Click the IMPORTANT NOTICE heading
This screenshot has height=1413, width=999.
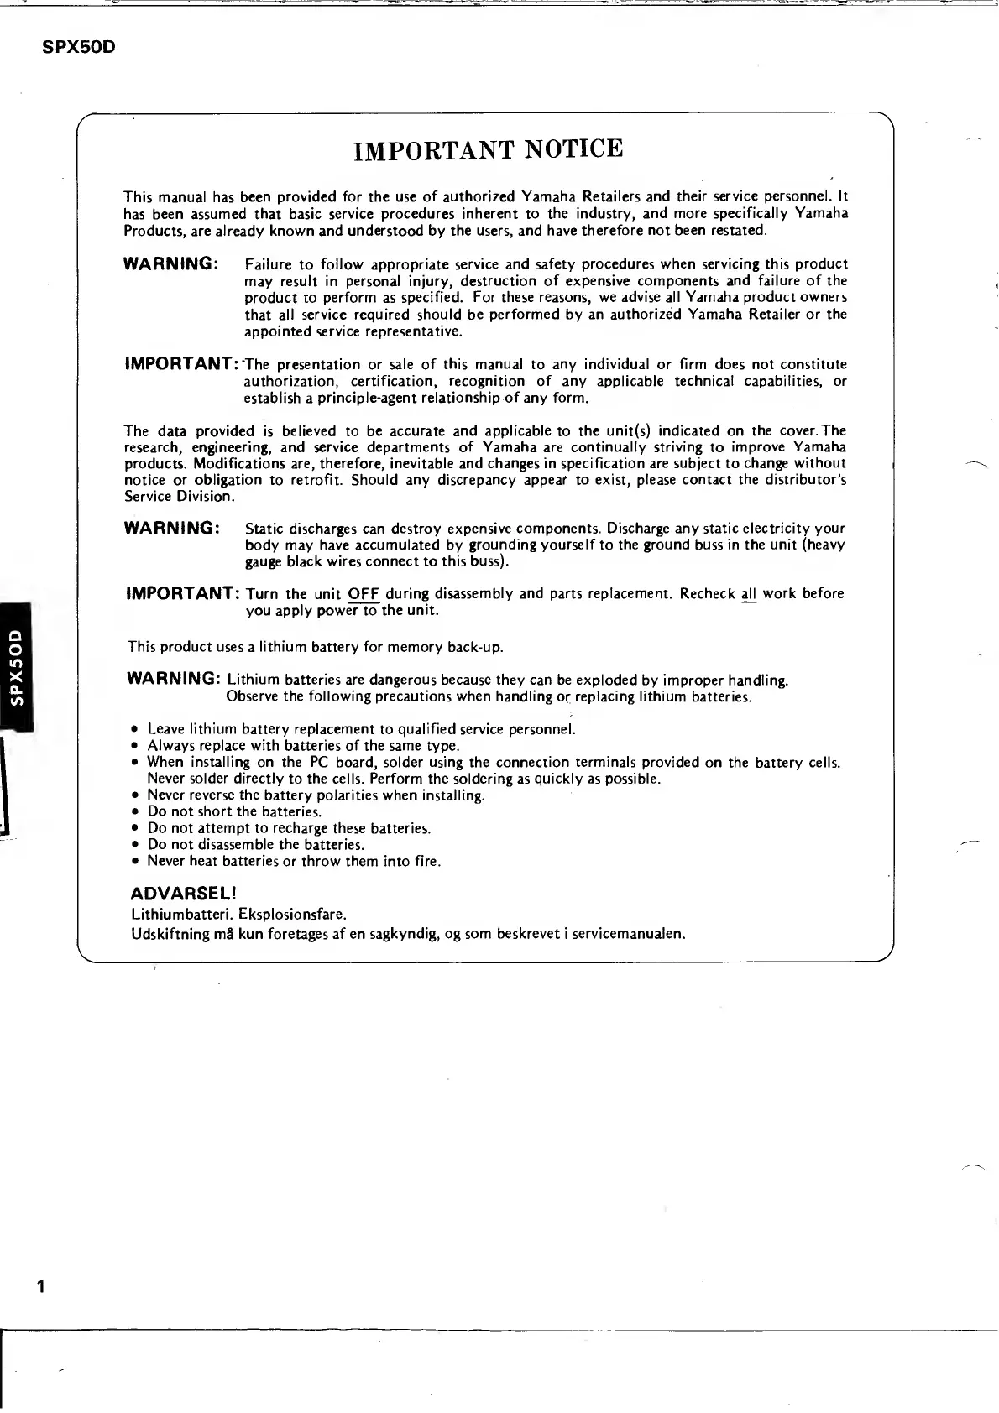(489, 149)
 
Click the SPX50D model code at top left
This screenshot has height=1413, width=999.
(78, 47)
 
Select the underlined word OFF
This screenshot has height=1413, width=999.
(364, 594)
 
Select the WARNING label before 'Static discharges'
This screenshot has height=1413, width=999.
(171, 529)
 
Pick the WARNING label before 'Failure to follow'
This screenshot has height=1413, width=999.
(171, 264)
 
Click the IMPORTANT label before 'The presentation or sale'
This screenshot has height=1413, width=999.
(182, 364)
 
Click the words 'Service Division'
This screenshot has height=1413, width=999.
(178, 497)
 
